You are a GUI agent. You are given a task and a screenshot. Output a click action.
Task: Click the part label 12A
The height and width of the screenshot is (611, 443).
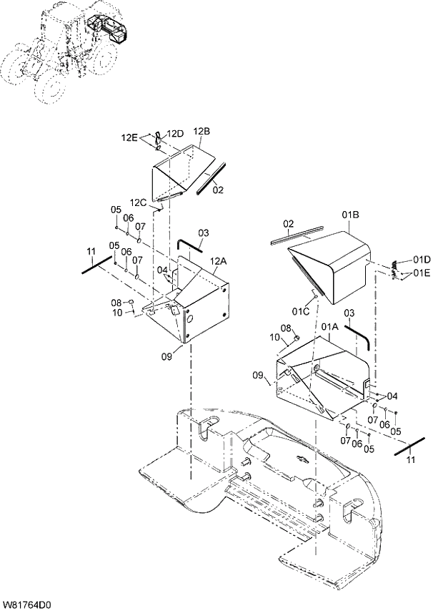tap(218, 262)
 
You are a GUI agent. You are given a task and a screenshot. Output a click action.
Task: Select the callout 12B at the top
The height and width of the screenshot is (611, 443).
tap(201, 131)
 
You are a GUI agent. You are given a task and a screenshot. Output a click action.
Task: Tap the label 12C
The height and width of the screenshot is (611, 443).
tap(138, 202)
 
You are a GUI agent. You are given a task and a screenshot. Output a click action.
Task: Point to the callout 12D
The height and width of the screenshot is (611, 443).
tap(175, 133)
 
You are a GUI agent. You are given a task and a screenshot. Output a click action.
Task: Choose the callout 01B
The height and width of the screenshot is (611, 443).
tap(349, 214)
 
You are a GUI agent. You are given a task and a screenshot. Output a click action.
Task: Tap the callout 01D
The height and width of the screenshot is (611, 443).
tap(422, 259)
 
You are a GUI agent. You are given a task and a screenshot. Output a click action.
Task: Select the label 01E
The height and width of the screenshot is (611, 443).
tap(422, 273)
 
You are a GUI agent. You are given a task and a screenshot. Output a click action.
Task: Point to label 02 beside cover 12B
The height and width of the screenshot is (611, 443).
tap(218, 190)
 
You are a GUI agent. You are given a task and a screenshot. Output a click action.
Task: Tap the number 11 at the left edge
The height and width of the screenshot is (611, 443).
tap(91, 250)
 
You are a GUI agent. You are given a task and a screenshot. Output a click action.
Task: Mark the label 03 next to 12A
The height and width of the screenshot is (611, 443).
tap(204, 233)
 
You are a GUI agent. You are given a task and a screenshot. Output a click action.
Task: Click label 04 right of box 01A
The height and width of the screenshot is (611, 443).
tap(392, 396)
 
